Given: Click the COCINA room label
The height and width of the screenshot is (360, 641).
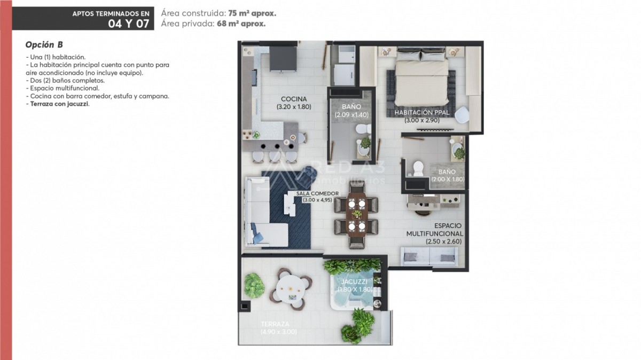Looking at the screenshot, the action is click(x=294, y=99).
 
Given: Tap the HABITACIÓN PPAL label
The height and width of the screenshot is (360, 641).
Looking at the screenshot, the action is click(x=422, y=113).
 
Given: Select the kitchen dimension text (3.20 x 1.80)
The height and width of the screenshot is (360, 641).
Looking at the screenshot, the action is click(x=294, y=107).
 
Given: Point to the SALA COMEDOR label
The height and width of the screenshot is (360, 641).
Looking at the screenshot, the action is click(x=317, y=193).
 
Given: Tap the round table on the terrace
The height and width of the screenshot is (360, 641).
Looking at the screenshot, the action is click(x=291, y=289).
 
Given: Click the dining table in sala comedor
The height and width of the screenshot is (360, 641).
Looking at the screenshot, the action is click(x=357, y=215).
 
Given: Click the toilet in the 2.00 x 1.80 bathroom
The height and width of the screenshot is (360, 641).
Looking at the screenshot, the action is click(x=418, y=169).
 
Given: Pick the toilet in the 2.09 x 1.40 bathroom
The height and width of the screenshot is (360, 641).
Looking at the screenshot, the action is click(x=363, y=129).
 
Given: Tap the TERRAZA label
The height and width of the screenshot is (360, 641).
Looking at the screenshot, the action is click(x=275, y=324).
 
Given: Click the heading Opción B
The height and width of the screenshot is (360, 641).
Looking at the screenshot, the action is click(x=44, y=45).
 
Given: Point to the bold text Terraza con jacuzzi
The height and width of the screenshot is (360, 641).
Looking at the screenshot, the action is click(x=59, y=104).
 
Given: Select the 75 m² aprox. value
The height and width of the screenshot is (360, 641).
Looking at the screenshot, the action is click(x=252, y=13).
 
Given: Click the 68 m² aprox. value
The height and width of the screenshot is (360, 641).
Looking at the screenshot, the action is click(x=241, y=24).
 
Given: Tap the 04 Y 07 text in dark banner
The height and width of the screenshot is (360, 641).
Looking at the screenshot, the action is click(x=129, y=24).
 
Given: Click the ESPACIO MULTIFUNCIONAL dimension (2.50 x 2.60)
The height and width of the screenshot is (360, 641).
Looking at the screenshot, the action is click(x=443, y=241).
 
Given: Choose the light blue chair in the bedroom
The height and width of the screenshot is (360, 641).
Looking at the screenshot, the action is click(x=462, y=115).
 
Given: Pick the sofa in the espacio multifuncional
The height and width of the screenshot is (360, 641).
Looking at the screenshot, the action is click(x=429, y=256).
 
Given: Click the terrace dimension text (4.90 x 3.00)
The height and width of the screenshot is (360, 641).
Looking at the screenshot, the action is click(x=278, y=332).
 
